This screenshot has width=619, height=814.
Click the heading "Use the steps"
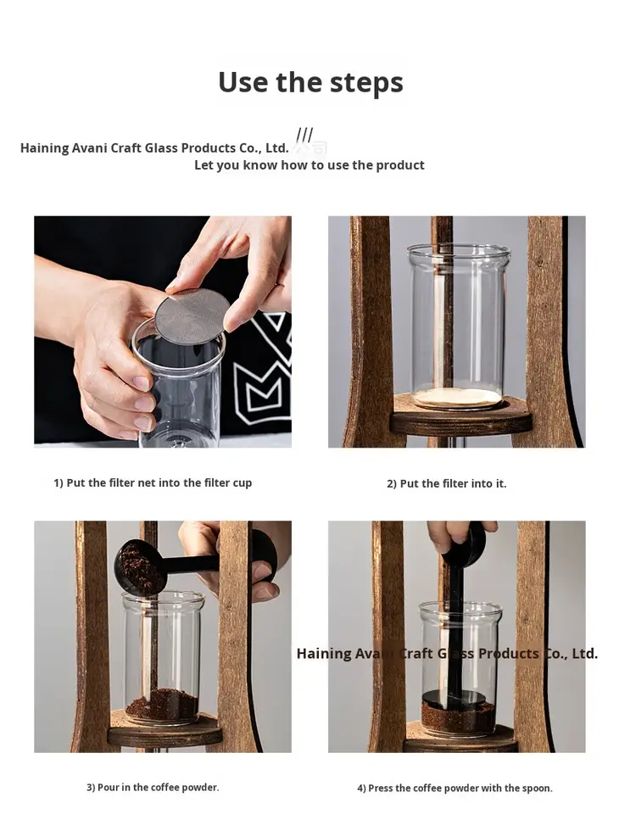[310, 82]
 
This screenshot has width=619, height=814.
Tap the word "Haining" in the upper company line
[44, 148]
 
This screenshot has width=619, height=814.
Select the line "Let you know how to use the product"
[309, 165]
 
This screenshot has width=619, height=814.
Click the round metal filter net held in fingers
[192, 315]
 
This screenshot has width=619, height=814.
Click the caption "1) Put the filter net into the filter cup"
[153, 482]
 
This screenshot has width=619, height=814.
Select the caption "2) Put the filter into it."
[447, 484]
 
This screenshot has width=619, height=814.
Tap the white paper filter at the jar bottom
[458, 398]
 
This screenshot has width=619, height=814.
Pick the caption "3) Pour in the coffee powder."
[153, 788]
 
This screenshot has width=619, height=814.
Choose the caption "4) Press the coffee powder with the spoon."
[454, 788]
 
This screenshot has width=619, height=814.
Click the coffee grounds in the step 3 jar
[163, 704]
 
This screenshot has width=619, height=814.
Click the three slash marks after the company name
[304, 135]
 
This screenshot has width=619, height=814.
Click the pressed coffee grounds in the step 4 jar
[458, 719]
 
